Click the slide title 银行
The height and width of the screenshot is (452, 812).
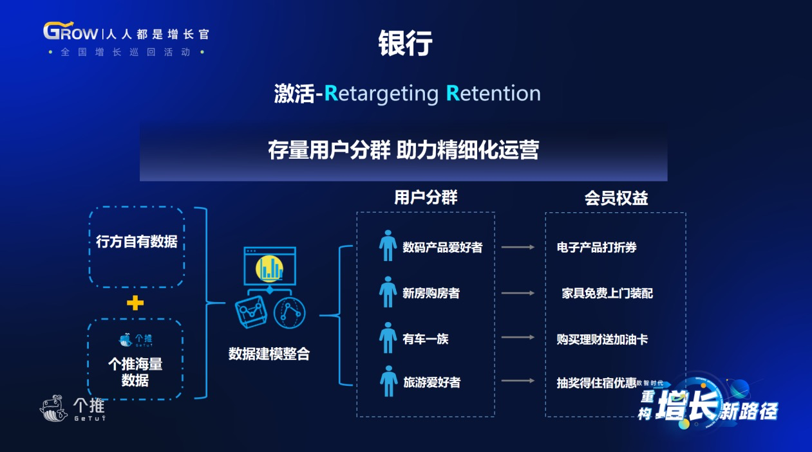[405, 43]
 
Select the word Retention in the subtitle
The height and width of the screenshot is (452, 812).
[493, 93]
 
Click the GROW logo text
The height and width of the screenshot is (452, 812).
[71, 31]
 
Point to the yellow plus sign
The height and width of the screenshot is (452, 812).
[135, 303]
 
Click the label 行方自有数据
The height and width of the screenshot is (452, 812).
[137, 241]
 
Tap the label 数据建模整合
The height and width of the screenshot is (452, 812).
[269, 354]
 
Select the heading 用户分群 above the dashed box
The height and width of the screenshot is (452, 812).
[426, 197]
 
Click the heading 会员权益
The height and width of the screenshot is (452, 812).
[616, 198]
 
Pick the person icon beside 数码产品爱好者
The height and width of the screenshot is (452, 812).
[388, 246]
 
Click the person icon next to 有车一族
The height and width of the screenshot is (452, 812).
[388, 338]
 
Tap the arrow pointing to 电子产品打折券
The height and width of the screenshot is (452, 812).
[518, 247]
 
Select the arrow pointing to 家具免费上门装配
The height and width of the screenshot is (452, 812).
[518, 293]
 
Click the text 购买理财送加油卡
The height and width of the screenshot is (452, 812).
[602, 339]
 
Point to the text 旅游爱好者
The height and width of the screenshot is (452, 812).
[431, 382]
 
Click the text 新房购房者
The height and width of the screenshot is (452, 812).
[431, 293]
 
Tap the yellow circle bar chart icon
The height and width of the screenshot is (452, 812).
[269, 269]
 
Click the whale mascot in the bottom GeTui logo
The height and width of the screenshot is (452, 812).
[53, 408]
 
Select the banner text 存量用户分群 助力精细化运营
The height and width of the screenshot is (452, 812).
[404, 150]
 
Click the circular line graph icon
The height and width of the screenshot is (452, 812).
[289, 313]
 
